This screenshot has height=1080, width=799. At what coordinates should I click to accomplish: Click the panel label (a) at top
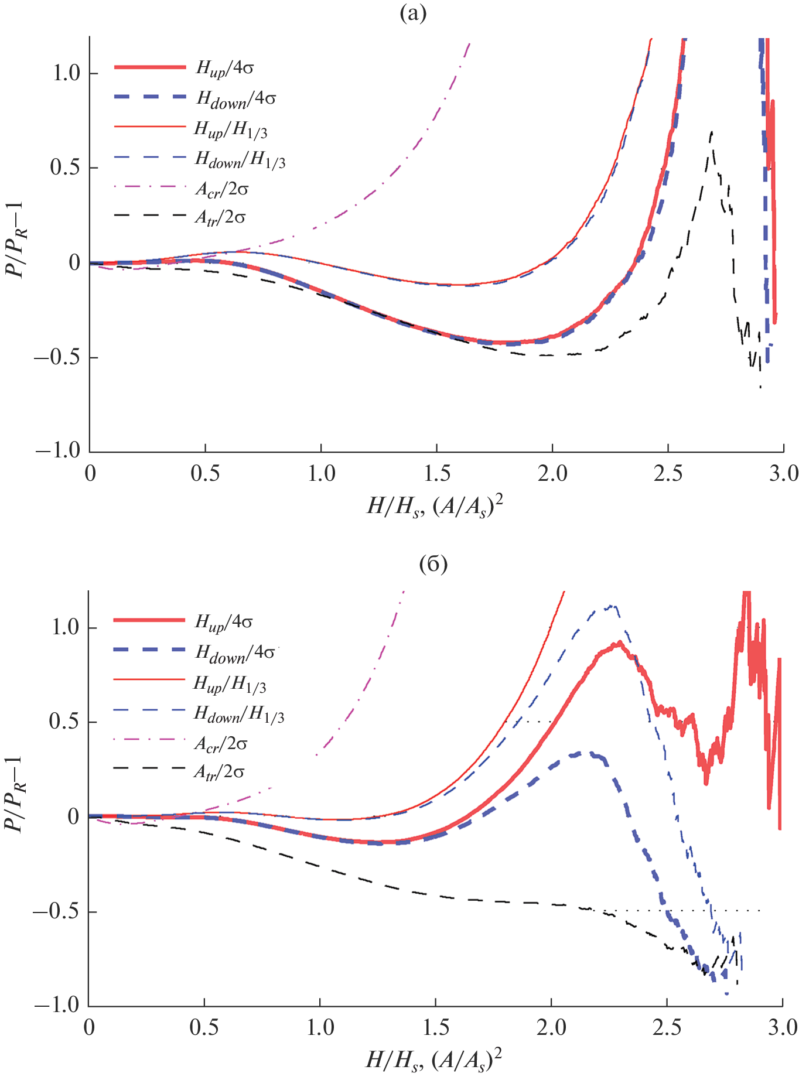[x=413, y=13]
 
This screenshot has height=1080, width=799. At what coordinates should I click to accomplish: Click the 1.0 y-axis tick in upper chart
[x=66, y=73]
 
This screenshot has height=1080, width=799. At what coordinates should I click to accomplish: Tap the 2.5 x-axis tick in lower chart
[x=667, y=1027]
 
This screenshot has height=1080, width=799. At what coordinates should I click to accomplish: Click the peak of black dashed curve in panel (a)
[x=711, y=132]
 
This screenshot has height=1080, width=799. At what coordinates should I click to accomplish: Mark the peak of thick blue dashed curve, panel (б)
[x=586, y=753]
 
